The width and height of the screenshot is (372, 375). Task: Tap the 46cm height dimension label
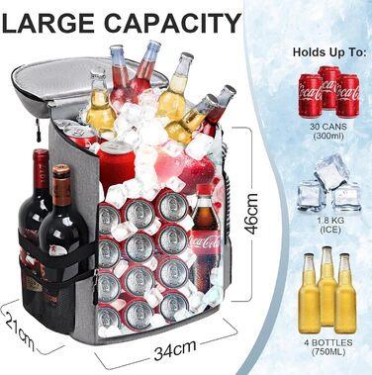coord(252,214)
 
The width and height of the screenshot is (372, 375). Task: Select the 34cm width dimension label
coord(175,349)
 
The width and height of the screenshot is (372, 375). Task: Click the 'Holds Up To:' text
coord(329,52)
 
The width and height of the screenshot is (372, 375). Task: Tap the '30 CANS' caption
coord(328,127)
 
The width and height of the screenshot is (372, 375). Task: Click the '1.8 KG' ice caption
coord(329,221)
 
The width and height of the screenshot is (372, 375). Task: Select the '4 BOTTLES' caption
coord(328,342)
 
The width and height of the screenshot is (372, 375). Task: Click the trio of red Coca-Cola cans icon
coord(328,92)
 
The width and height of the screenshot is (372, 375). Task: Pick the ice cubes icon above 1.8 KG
coord(328,183)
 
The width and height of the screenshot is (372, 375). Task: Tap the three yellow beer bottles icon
coord(327,290)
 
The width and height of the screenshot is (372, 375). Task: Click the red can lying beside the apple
coord(116,162)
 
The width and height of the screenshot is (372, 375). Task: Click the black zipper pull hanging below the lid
coord(39,132)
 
